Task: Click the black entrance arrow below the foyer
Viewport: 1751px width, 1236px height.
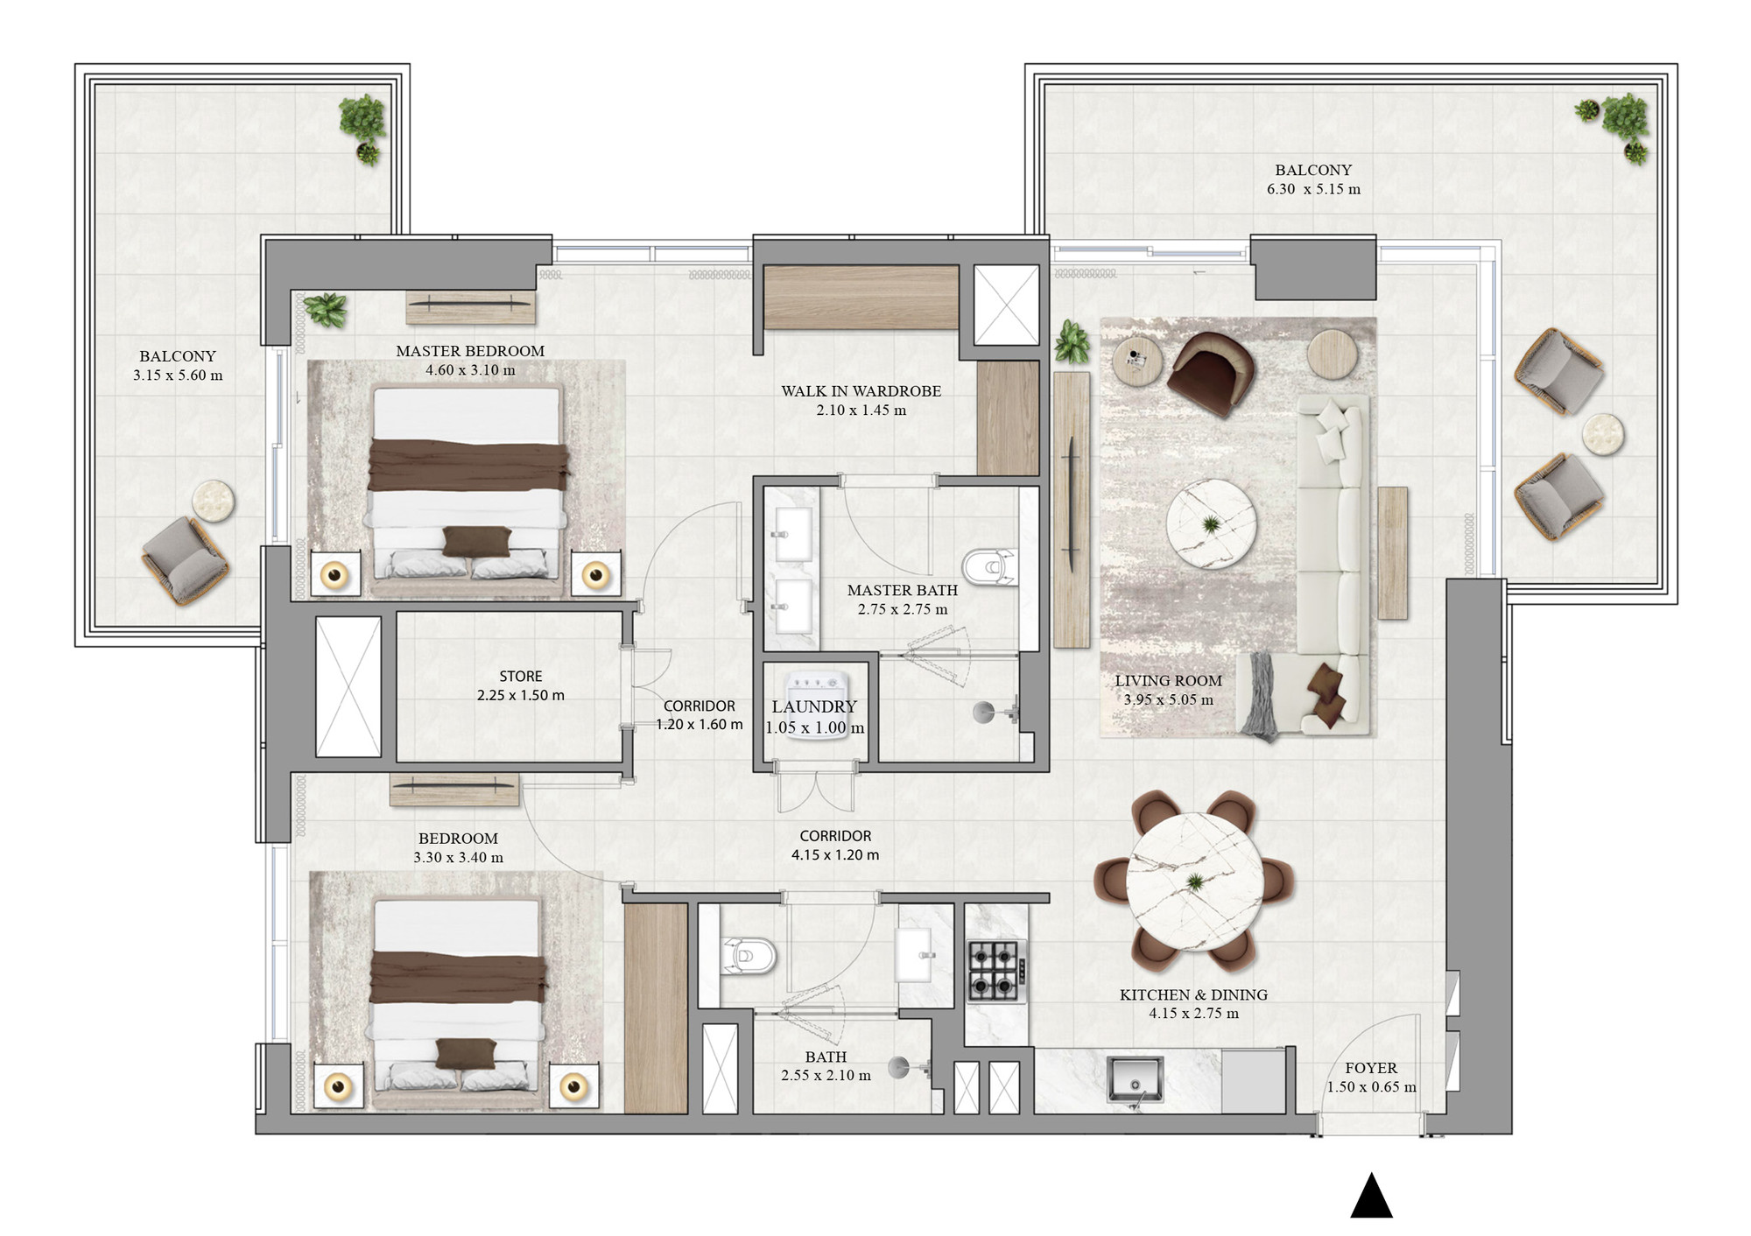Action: coord(1371,1197)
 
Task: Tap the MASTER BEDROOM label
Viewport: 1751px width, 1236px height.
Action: coord(470,351)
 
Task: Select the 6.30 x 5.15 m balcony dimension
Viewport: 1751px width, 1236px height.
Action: coord(1313,189)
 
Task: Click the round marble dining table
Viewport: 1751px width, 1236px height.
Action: coord(1194,881)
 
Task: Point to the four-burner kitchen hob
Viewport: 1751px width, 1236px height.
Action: coord(996,970)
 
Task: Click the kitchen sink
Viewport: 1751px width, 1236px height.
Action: coord(1135,1080)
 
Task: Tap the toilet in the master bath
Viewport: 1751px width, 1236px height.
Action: coord(990,567)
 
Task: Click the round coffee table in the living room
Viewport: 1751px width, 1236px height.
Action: coord(1211,524)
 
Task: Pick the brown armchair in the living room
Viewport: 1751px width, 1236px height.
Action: coord(1211,371)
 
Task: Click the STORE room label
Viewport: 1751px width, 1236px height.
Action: coord(521,677)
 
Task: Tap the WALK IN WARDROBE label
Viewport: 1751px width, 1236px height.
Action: coord(861,391)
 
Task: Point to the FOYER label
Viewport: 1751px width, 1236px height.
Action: coord(1371,1068)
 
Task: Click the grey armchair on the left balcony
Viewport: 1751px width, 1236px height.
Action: coord(186,560)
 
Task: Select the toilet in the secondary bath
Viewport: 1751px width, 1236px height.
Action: coord(749,955)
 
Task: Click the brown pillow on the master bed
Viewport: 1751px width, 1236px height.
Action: coord(477,541)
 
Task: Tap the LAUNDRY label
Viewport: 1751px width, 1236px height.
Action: coord(814,706)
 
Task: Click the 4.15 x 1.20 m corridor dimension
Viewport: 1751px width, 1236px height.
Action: coord(835,855)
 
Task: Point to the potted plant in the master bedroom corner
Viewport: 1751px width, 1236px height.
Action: coord(326,310)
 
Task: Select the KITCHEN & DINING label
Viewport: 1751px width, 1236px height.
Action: coord(1193,994)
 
